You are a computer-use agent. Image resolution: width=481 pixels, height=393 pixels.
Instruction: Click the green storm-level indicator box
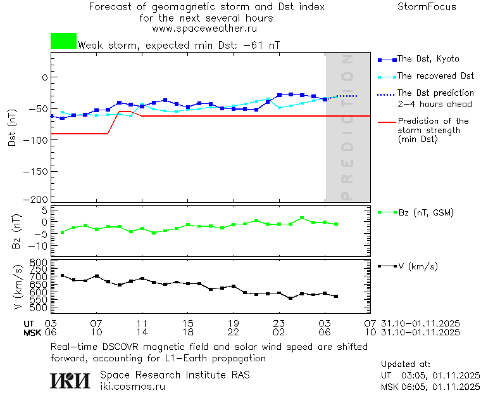(63, 41)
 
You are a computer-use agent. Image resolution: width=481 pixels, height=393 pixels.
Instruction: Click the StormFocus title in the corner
(427, 7)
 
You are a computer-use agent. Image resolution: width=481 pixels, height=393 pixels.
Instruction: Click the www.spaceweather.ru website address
(204, 29)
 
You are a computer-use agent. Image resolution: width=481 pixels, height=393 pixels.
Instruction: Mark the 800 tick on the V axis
(39, 262)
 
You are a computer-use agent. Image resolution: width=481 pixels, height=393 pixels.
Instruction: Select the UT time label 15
(188, 323)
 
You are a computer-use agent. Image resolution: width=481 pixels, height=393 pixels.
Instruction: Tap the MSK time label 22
(234, 332)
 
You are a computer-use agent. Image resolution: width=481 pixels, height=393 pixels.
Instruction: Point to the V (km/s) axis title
(17, 288)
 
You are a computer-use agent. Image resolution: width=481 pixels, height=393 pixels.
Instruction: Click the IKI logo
(72, 380)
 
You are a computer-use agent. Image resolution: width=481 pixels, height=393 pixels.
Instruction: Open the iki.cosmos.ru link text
(132, 386)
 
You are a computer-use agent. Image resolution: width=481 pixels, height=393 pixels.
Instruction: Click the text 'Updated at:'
(405, 364)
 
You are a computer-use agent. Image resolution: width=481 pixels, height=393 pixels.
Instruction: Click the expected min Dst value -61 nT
(260, 46)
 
